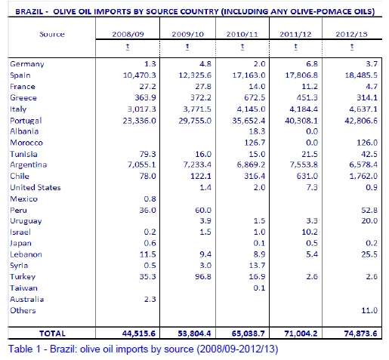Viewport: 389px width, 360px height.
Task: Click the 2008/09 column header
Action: click(128, 34)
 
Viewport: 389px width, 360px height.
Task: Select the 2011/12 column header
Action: click(295, 34)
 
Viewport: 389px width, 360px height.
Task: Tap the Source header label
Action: click(52, 34)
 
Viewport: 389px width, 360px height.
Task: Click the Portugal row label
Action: click(26, 121)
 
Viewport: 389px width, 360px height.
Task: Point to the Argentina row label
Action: click(29, 165)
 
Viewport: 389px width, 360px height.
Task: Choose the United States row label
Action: click(36, 187)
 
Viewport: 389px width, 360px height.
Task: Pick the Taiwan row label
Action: click(23, 288)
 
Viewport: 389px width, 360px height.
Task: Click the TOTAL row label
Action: click(52, 334)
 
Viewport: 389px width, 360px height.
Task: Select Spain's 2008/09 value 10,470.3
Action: click(140, 75)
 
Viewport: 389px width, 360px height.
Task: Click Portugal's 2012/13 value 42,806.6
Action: click(361, 121)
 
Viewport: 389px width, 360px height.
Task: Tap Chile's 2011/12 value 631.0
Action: click(307, 176)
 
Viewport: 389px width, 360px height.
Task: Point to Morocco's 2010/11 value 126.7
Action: click(255, 143)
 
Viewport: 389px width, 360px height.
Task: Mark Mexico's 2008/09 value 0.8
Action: click(150, 199)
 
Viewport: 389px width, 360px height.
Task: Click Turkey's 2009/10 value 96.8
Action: click(203, 277)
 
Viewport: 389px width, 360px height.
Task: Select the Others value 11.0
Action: click(369, 310)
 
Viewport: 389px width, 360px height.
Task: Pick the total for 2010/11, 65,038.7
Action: click(249, 334)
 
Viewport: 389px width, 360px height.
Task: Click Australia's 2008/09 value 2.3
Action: click(150, 299)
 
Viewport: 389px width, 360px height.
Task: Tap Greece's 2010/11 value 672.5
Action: click(255, 97)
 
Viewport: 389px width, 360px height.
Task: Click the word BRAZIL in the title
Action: click(29, 11)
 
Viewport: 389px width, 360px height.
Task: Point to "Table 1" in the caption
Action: click(24, 349)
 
